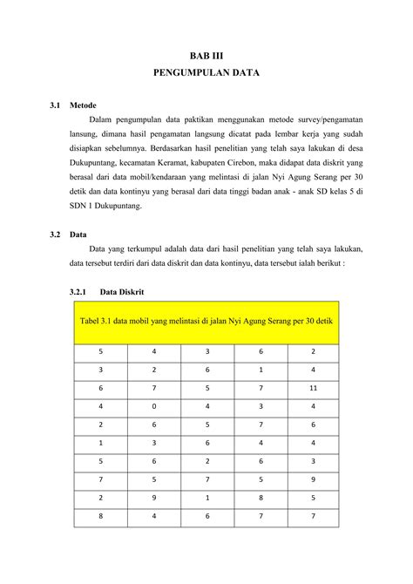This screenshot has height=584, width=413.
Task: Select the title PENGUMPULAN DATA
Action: coord(206,74)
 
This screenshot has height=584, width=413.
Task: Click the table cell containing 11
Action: coord(312,387)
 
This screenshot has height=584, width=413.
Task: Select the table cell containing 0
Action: coord(153,405)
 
